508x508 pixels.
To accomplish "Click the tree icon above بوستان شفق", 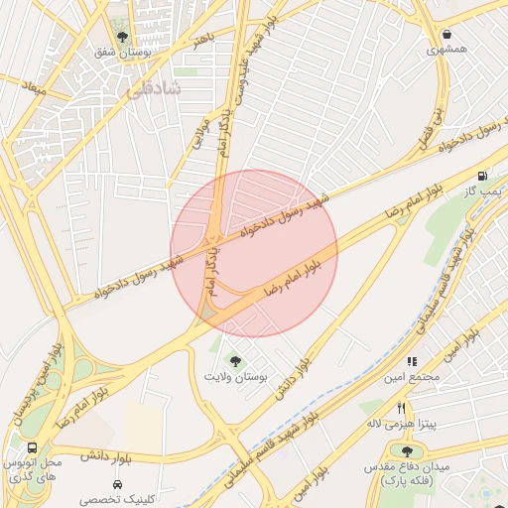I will [x=122, y=38].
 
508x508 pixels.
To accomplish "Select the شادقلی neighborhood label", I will [x=154, y=89].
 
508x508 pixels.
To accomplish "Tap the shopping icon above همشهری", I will [x=446, y=33].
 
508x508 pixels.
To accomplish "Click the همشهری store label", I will [x=446, y=49].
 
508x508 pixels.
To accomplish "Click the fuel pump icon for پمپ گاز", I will [x=482, y=176].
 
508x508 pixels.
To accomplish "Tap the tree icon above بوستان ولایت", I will [x=235, y=361].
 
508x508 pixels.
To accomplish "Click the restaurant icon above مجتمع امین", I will [x=412, y=362].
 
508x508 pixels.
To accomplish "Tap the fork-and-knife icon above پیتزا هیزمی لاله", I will [x=402, y=408].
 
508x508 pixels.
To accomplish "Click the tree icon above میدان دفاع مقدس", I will [x=407, y=450].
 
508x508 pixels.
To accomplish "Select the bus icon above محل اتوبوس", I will [x=33, y=448].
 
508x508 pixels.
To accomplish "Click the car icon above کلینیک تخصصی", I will [x=117, y=485].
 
